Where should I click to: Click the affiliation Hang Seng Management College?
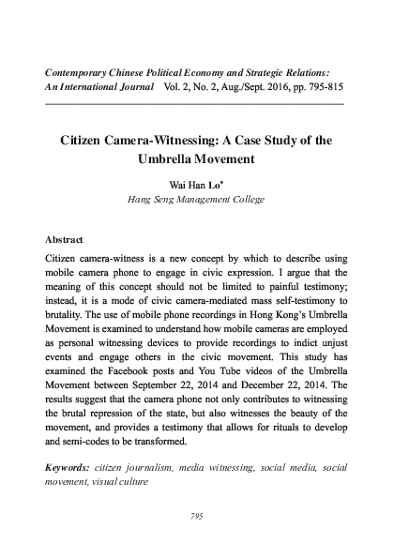click(197, 200)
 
